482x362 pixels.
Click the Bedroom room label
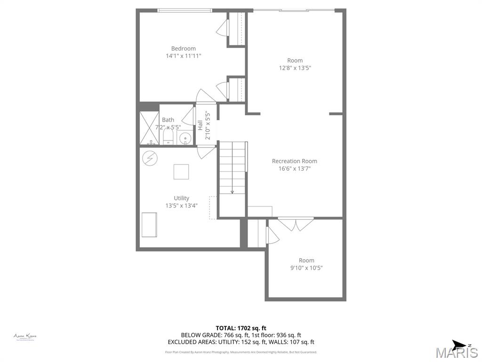(x=183, y=49)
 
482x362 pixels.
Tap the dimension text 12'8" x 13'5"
(x=295, y=68)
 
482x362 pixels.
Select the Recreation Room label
(x=294, y=161)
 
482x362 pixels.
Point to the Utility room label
(x=181, y=198)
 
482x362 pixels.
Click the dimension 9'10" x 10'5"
(x=306, y=268)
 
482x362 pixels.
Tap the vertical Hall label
(x=200, y=125)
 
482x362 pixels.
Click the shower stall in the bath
(x=149, y=128)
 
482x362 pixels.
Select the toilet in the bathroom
(x=169, y=137)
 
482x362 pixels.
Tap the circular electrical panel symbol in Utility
(x=150, y=157)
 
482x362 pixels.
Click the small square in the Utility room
(x=181, y=172)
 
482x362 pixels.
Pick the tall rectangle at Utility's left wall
(x=149, y=225)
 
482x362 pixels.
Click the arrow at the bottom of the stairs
(x=232, y=191)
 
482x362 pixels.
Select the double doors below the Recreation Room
(x=296, y=224)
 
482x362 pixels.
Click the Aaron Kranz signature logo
(x=25, y=337)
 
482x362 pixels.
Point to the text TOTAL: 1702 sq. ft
(x=241, y=328)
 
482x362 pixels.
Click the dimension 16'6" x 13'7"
(x=294, y=168)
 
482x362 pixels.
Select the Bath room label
(x=168, y=120)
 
